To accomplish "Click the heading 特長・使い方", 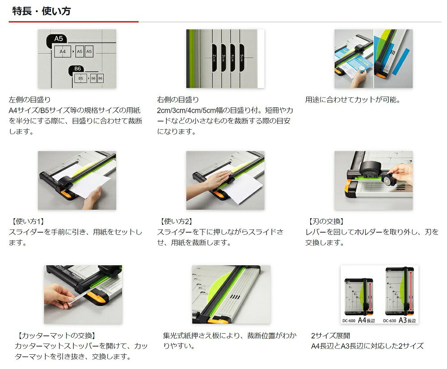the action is pos(41,11).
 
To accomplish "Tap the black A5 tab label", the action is pos(58,39).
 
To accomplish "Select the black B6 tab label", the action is pos(77,69).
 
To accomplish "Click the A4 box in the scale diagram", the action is pos(63,51).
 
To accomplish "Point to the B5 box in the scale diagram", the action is pos(80,78).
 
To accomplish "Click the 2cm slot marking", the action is pos(215,58).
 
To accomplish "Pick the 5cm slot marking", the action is pos(242,58).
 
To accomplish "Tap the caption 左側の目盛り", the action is pos(30,100).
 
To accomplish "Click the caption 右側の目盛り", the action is pos(178,100).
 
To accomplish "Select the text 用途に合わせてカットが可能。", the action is pos(353,100).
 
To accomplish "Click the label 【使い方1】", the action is pos(27,221).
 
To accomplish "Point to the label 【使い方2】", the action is pos(176,221).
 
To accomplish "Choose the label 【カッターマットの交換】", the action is pos(56,335).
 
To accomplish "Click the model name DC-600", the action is pos(349,321).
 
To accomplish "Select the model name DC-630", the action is pos(389,321).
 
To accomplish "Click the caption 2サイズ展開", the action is pos(331,335).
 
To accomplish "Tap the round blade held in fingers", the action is pos(387,180).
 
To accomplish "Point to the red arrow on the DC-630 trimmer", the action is pos(411,291).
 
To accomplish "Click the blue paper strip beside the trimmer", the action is pos(401,62).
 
